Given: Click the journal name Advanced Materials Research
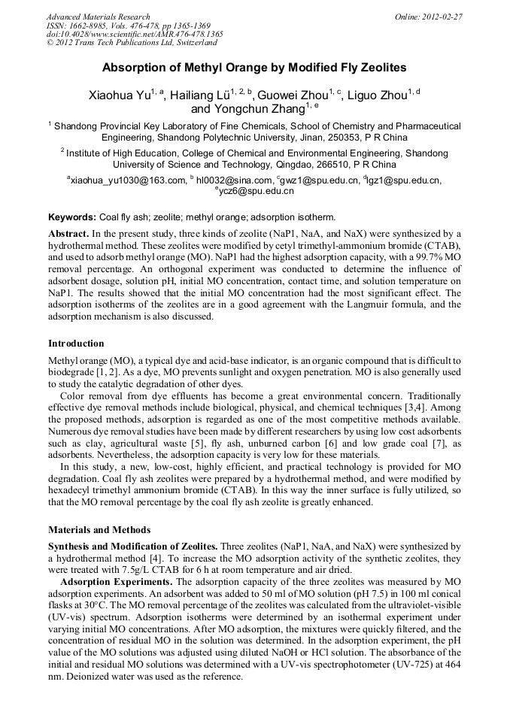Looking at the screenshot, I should pyautogui.click(x=98, y=17).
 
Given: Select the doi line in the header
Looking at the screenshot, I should pyautogui.click(x=135, y=34).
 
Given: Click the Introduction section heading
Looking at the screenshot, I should pyautogui.click(x=76, y=343).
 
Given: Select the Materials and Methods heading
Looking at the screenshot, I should pyautogui.click(x=99, y=529).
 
